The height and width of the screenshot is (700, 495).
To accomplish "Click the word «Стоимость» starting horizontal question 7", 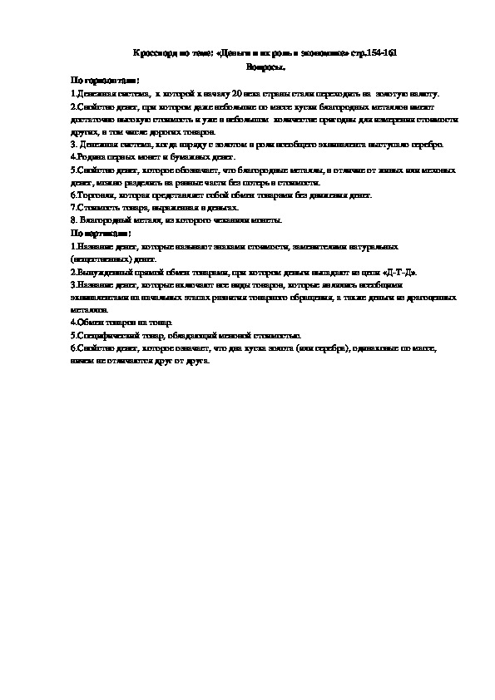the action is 94,207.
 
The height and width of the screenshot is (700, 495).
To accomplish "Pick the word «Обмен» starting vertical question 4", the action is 88,322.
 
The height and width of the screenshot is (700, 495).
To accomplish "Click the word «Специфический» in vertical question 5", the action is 105,334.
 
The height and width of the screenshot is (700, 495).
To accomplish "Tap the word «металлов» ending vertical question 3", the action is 89,308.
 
